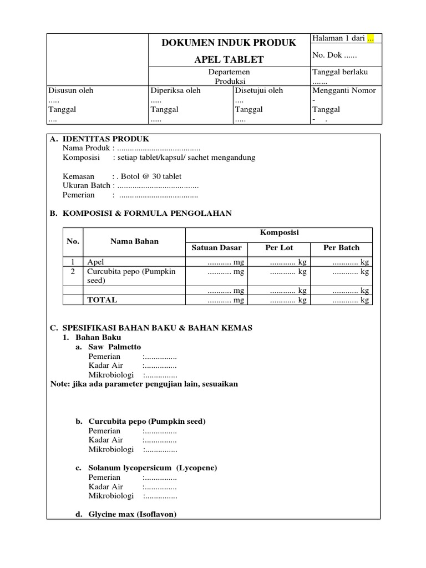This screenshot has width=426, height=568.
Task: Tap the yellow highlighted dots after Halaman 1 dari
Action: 371,38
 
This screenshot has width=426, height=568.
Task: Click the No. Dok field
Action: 335,55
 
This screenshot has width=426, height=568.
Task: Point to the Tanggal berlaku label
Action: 340,72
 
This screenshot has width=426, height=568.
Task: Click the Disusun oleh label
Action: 71,90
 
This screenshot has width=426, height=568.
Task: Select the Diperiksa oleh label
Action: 175,90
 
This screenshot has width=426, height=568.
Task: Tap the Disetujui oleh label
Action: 258,90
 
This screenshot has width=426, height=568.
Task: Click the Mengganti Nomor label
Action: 344,90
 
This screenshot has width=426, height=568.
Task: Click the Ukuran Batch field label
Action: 87,185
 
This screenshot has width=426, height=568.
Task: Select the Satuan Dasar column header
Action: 217,247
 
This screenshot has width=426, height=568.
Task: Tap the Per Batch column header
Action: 341,247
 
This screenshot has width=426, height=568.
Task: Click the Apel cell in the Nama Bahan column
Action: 95,262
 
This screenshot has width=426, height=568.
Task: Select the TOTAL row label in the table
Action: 102,300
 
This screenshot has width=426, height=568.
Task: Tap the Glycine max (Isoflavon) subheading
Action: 132,514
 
